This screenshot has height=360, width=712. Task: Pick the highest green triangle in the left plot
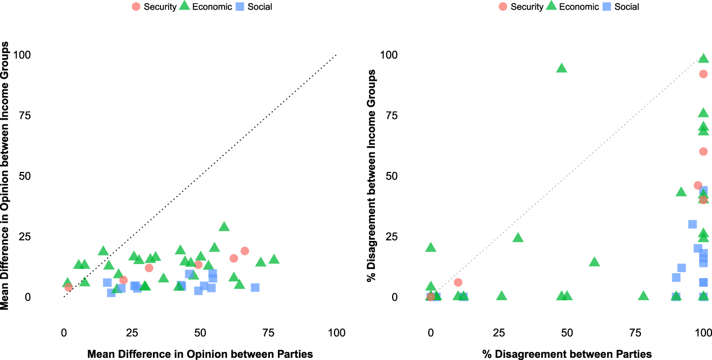(224, 227)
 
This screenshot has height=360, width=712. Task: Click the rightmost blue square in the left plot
(255, 287)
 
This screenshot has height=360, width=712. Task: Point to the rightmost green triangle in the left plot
(274, 259)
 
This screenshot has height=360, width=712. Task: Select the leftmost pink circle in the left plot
(68, 287)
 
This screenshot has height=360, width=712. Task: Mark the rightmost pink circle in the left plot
(245, 251)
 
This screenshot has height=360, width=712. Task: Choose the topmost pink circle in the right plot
(703, 74)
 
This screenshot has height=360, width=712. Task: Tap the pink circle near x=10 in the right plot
(458, 282)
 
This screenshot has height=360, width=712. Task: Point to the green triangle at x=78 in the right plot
(643, 296)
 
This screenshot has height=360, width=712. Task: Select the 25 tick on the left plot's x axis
(132, 333)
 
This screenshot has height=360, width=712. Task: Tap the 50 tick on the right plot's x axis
(567, 333)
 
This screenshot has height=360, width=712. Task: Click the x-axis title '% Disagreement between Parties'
(567, 354)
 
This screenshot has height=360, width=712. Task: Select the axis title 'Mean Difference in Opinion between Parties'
(200, 354)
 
